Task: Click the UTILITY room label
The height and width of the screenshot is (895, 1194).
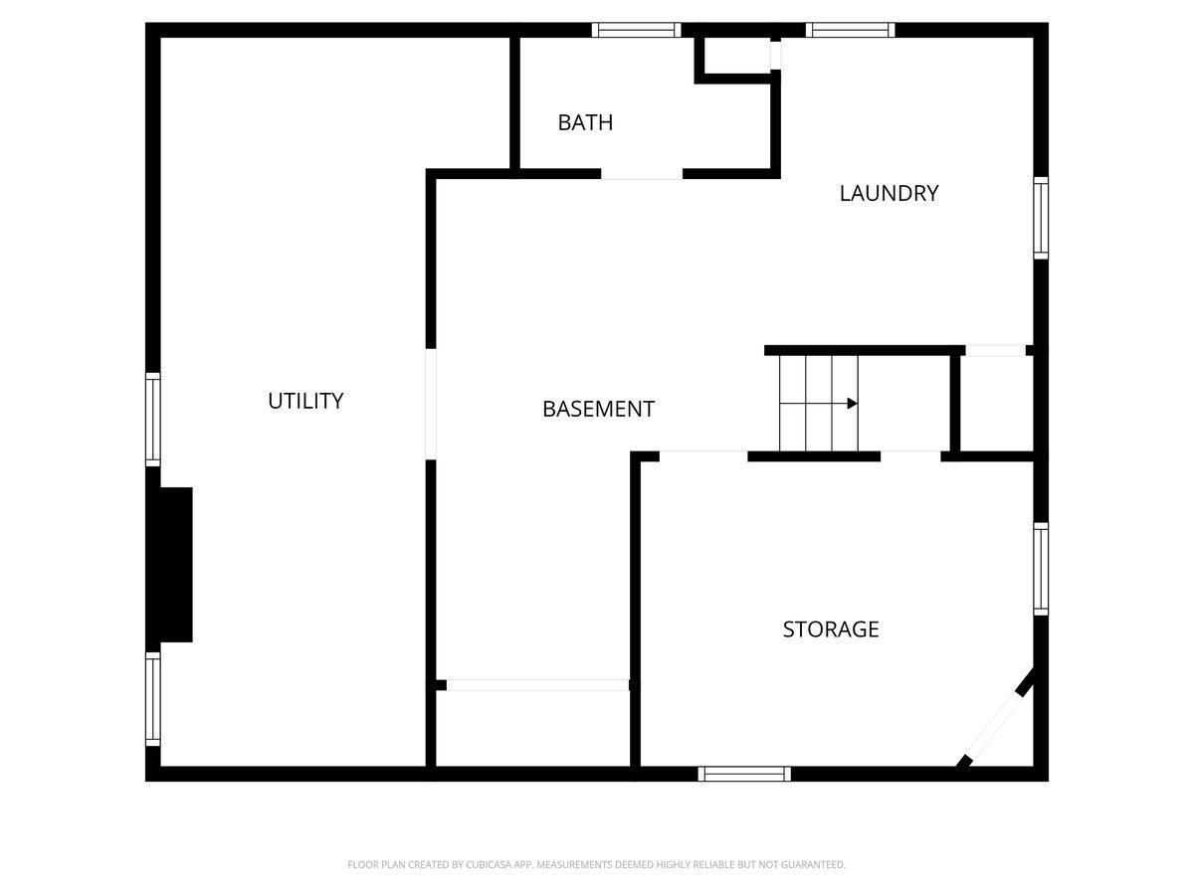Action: coord(305,401)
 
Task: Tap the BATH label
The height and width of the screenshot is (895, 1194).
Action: coord(585,122)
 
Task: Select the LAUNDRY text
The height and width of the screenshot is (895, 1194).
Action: coord(889,194)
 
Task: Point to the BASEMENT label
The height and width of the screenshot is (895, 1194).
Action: coord(598,409)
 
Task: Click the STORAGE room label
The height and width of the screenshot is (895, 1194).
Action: coord(831,629)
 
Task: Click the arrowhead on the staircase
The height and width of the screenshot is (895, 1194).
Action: coord(853,403)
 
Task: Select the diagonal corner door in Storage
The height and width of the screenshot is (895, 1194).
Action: coord(994,725)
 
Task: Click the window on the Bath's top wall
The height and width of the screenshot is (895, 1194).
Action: coord(636,30)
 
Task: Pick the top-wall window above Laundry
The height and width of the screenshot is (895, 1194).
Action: coord(850,30)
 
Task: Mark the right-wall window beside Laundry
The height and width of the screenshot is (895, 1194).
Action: coord(1041,218)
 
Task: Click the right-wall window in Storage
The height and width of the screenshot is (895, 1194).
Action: coord(1041,569)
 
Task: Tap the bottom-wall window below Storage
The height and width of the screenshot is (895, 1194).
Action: coord(744,774)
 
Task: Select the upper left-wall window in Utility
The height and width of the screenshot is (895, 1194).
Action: coord(153,419)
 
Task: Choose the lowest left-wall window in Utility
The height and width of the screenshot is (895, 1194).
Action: coord(153,699)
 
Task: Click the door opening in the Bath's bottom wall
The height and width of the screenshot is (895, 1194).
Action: coord(642,174)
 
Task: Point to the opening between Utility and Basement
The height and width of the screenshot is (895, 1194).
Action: coord(430,404)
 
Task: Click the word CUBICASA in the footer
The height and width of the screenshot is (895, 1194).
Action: coord(489,864)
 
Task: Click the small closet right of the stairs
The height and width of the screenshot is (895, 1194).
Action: coord(996,403)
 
